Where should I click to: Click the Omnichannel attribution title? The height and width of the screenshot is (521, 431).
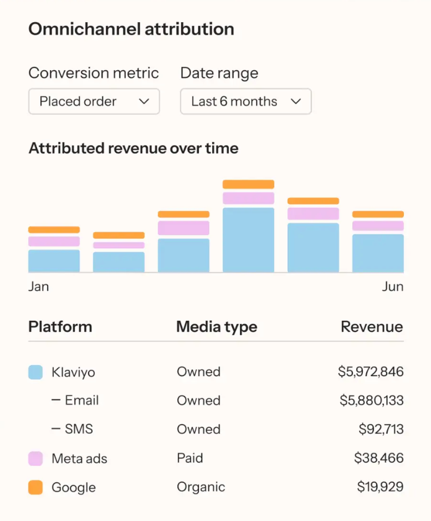pyautogui.click(x=131, y=29)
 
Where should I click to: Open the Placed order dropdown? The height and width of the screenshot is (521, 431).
pyautogui.click(x=94, y=101)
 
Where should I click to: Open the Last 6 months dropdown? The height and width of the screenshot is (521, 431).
pyautogui.click(x=245, y=101)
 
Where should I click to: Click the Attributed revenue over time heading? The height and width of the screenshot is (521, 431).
pyautogui.click(x=134, y=148)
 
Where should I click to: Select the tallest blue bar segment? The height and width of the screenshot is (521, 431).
pyautogui.click(x=248, y=239)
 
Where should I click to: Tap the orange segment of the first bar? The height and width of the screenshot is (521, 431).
pyautogui.click(x=54, y=230)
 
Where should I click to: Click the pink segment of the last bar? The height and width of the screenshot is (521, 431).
pyautogui.click(x=378, y=226)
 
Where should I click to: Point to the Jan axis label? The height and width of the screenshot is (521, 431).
pyautogui.click(x=38, y=286)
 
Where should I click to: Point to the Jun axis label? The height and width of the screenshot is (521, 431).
pyautogui.click(x=392, y=286)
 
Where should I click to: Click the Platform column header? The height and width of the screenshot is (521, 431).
pyautogui.click(x=60, y=326)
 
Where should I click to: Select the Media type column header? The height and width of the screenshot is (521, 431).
pyautogui.click(x=217, y=326)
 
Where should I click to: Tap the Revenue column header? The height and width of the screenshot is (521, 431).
pyautogui.click(x=372, y=326)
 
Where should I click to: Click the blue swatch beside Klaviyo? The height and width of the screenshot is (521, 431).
pyautogui.click(x=35, y=372)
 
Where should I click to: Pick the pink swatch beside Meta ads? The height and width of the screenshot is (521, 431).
pyautogui.click(x=35, y=459)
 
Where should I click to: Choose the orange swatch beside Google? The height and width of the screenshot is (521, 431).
pyautogui.click(x=35, y=487)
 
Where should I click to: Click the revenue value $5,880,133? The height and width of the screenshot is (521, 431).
pyautogui.click(x=371, y=400)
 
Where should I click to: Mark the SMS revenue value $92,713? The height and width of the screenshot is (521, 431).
pyautogui.click(x=381, y=429)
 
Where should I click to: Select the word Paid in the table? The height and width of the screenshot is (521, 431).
pyautogui.click(x=190, y=458)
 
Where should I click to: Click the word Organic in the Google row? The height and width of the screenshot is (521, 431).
pyautogui.click(x=201, y=487)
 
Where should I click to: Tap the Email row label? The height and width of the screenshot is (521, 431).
pyautogui.click(x=81, y=400)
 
